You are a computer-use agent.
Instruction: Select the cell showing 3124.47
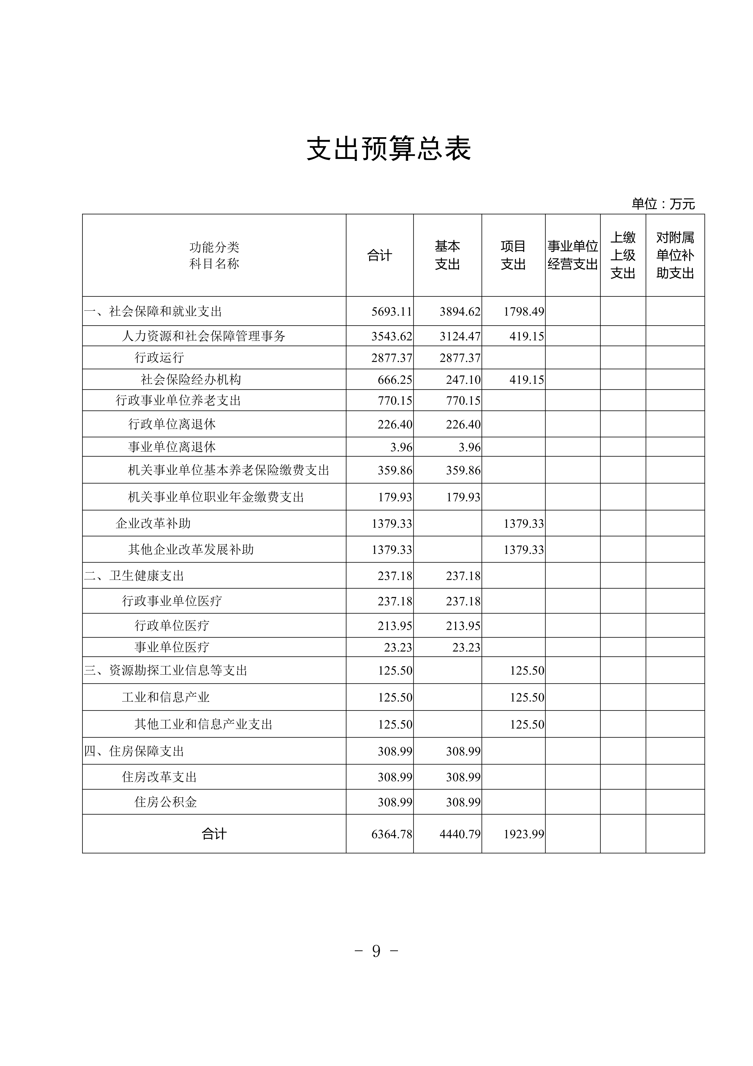click(x=460, y=336)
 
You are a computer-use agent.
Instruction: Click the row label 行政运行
click(x=159, y=357)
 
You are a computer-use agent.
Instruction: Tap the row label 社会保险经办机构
click(x=191, y=380)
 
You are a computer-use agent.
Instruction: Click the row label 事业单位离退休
click(x=172, y=447)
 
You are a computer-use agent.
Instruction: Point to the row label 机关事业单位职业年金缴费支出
click(x=216, y=497)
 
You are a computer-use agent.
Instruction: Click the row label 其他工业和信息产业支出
click(x=203, y=724)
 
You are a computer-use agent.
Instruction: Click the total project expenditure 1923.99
click(x=523, y=834)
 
